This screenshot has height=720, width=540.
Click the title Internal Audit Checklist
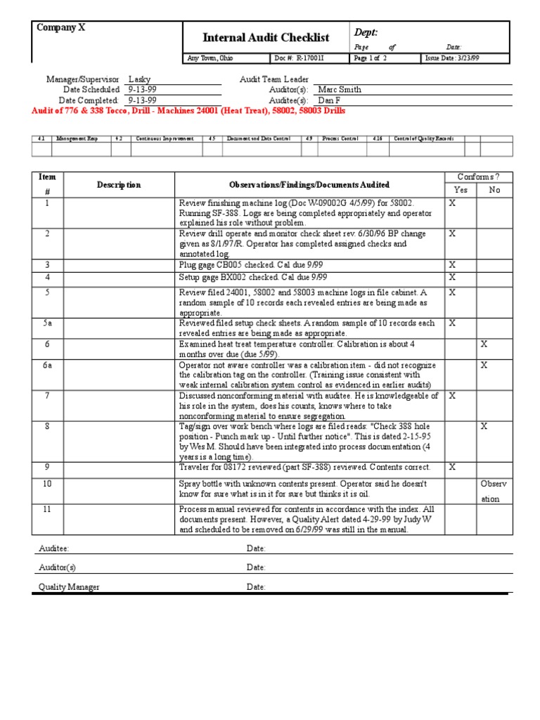(x=266, y=38)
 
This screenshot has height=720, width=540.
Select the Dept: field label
(x=366, y=32)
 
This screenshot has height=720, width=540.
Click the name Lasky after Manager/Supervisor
(x=139, y=80)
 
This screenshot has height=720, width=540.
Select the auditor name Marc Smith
(x=340, y=90)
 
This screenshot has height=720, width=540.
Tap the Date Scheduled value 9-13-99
(x=141, y=90)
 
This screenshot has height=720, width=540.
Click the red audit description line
(x=188, y=111)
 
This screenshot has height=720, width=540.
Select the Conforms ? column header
(x=477, y=177)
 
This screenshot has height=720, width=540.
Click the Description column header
(x=119, y=185)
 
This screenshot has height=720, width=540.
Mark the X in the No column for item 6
(x=484, y=344)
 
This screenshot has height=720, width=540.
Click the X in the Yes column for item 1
(x=452, y=202)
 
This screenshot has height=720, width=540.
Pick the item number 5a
(x=47, y=323)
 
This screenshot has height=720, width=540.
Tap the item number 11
(x=47, y=509)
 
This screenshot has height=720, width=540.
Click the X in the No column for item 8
(x=484, y=427)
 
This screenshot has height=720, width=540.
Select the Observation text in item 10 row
(x=490, y=491)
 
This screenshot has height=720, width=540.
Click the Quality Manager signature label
(x=69, y=587)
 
